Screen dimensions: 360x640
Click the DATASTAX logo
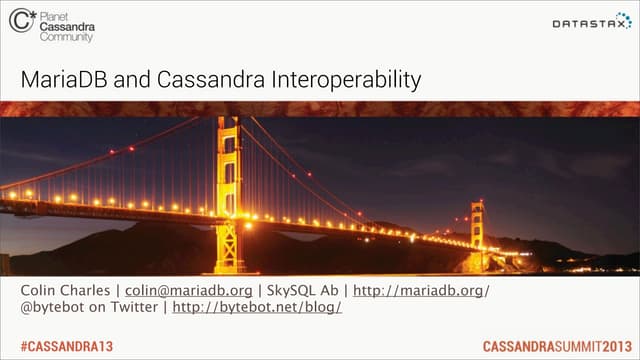(x=591, y=23)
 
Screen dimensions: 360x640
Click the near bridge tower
(x=228, y=190)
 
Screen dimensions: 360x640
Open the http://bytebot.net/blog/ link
(x=257, y=307)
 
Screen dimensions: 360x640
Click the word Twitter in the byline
(x=135, y=307)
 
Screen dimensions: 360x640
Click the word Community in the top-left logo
(x=67, y=37)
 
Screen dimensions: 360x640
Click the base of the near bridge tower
(x=228, y=262)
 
